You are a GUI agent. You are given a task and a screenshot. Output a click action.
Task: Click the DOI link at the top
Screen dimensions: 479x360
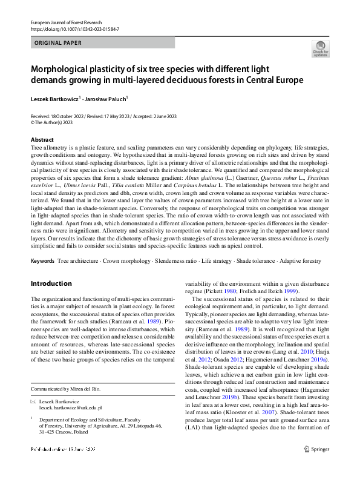[74, 28]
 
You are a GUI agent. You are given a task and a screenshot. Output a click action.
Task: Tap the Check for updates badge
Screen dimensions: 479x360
[319, 48]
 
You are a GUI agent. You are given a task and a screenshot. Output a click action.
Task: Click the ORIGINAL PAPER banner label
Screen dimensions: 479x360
[58, 43]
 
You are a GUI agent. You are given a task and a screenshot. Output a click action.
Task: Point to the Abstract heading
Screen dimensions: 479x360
[42, 139]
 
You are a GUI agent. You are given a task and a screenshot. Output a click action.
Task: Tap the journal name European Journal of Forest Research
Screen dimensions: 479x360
[68, 22]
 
